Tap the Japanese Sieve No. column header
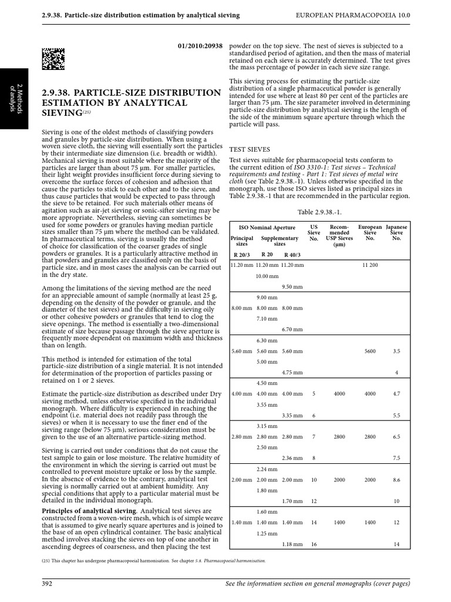coord(396,232)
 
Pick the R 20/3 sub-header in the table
coord(241,255)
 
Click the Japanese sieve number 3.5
coord(396,351)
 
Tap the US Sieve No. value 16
coord(314,544)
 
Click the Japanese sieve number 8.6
coord(396,480)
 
